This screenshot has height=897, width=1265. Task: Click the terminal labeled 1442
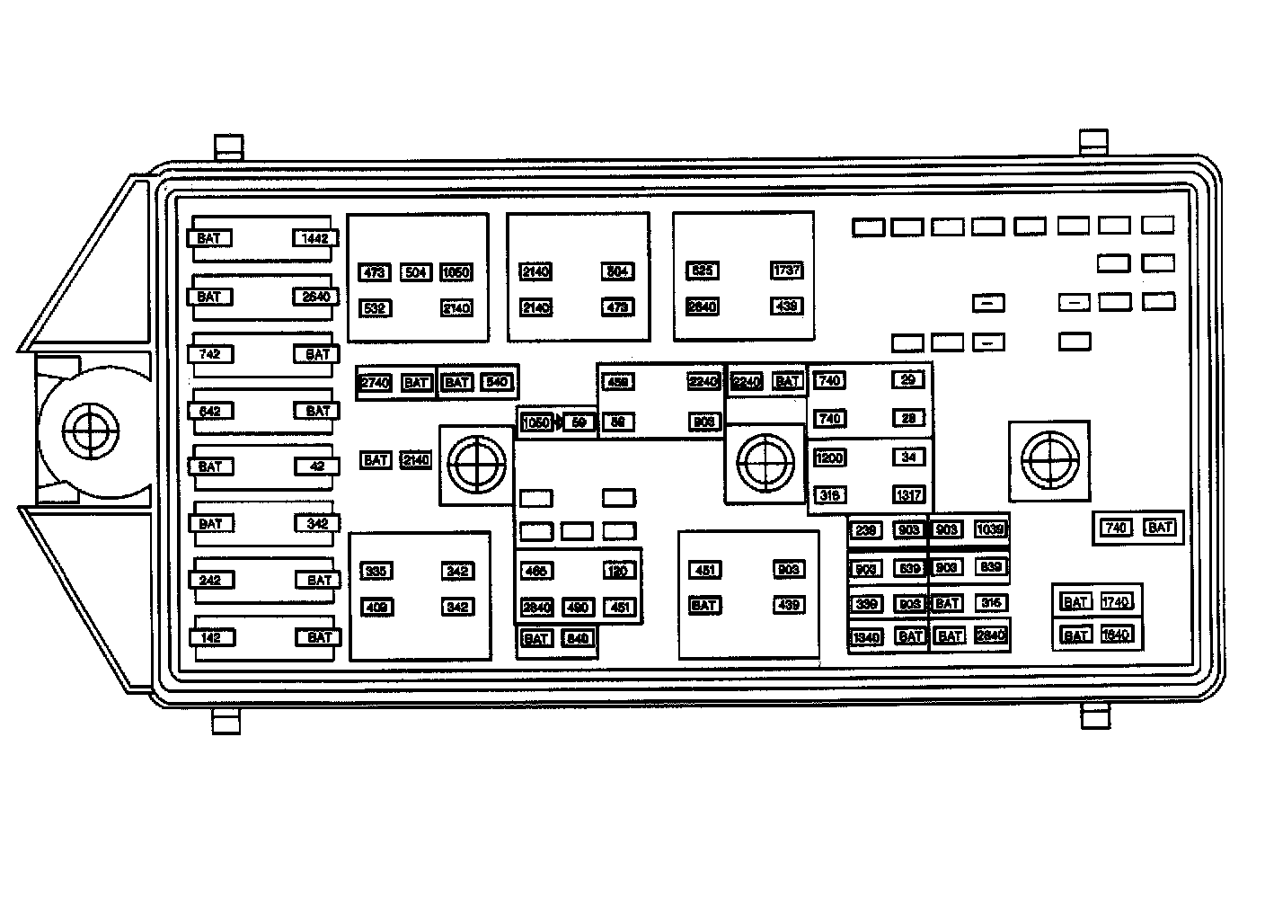click(x=315, y=238)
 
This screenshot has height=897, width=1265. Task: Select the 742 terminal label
click(x=209, y=354)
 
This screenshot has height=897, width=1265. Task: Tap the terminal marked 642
click(x=209, y=411)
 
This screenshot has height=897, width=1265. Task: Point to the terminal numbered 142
click(x=209, y=637)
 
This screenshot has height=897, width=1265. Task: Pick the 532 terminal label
click(x=375, y=308)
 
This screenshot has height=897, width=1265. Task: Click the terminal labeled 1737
click(x=786, y=271)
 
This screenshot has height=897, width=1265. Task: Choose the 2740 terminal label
click(x=375, y=383)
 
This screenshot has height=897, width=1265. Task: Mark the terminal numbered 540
click(x=497, y=382)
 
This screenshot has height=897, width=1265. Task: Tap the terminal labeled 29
click(x=908, y=380)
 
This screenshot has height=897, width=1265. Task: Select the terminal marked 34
click(x=908, y=457)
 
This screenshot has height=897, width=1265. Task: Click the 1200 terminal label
click(x=828, y=458)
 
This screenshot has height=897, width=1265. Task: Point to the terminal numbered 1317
click(x=908, y=495)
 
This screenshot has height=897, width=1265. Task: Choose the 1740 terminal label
click(x=1115, y=602)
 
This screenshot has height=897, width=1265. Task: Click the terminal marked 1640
click(x=1115, y=635)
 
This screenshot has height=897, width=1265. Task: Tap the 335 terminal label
click(x=375, y=571)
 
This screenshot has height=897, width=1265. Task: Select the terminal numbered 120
click(x=618, y=571)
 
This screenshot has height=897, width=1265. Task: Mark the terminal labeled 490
click(x=578, y=608)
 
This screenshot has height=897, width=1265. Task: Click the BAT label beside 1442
click(x=209, y=238)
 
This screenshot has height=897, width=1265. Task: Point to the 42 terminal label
click(x=315, y=466)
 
